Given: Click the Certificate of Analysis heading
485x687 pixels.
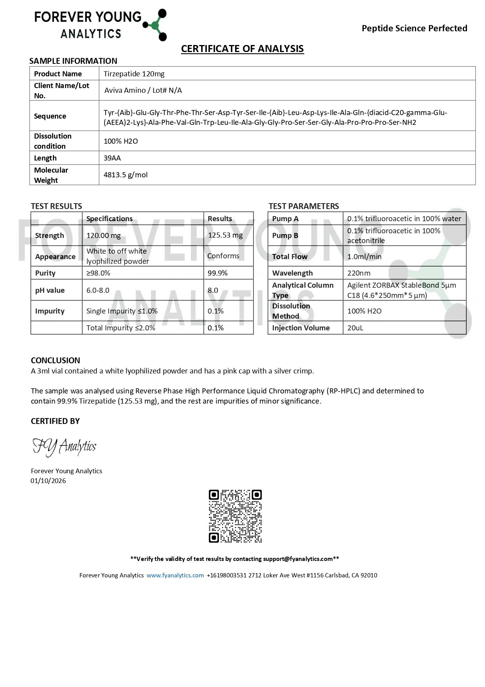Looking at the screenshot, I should (242, 49).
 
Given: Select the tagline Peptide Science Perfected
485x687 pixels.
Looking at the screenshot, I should (414, 28).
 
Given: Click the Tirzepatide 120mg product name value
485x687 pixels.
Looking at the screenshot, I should (134, 74).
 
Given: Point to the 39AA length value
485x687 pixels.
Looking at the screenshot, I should (112, 158).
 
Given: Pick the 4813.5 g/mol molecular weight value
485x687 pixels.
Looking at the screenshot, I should (126, 175).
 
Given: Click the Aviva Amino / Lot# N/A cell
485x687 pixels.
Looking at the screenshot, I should (143, 90).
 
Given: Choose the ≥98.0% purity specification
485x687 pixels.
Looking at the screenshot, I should (98, 273).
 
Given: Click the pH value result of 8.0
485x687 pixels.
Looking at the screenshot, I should (213, 290).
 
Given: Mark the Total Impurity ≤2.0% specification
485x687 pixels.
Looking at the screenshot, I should (120, 328).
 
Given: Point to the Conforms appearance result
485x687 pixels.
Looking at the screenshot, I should (223, 256).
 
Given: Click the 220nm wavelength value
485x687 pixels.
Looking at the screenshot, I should (359, 273).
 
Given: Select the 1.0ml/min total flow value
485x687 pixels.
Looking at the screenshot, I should (364, 256).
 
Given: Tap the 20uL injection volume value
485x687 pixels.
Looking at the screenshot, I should (355, 328).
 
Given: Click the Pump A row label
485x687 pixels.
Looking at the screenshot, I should (285, 218).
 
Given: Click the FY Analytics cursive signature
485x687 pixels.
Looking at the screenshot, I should (65, 447).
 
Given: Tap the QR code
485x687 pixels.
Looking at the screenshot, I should (235, 516).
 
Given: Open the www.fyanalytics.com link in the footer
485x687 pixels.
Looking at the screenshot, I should (175, 575).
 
